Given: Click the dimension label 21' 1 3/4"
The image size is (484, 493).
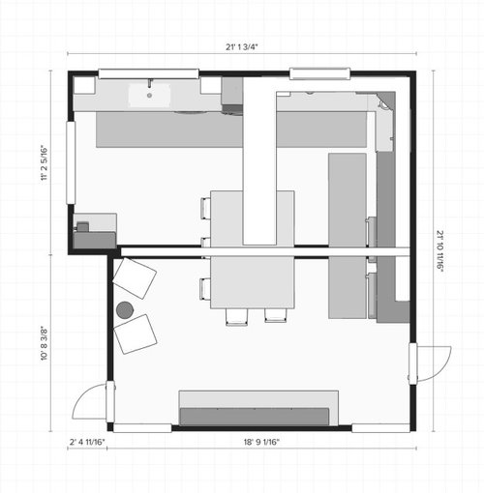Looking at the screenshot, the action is [x=242, y=47].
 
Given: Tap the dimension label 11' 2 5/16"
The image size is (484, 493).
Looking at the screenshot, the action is [x=45, y=163].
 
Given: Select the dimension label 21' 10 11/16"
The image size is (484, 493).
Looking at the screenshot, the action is [x=440, y=251].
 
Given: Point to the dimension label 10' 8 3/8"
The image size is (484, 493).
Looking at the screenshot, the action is [x=45, y=343].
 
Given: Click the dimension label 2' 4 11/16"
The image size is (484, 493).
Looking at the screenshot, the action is [x=87, y=442].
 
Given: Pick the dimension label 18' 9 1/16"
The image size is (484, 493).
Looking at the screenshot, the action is [x=261, y=442].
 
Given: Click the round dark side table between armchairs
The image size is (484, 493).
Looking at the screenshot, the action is [x=125, y=310].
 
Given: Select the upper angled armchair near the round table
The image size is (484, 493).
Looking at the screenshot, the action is [x=135, y=278].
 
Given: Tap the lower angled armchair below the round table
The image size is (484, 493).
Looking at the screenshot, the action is [x=136, y=334].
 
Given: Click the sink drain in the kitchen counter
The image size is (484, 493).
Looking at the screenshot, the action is [x=149, y=96].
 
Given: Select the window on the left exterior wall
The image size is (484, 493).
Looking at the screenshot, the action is [x=71, y=162].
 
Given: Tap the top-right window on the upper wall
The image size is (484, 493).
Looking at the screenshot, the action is [x=319, y=73].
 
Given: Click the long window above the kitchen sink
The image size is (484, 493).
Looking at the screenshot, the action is [x=148, y=73].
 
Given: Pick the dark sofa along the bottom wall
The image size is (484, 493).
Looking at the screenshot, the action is [x=255, y=417].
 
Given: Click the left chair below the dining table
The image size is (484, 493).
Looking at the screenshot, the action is [x=237, y=317].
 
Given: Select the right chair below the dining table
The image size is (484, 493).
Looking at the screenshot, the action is [x=276, y=316].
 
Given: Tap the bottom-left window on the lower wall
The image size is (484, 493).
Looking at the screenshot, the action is [x=142, y=428].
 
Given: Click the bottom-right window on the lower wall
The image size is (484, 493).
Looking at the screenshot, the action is [x=380, y=428].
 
